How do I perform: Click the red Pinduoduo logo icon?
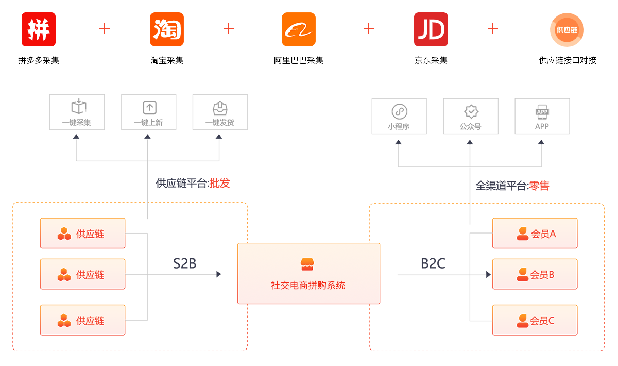(39, 29)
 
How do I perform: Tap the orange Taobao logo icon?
(167, 29)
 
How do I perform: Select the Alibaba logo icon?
(299, 29)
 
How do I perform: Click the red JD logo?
(431, 29)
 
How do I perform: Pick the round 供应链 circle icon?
(567, 29)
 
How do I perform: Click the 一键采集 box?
(77, 112)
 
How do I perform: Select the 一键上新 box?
(148, 112)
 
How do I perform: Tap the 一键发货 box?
(219, 112)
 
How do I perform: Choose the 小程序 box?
(399, 115)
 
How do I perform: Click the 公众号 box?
(471, 115)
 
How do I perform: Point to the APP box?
(542, 115)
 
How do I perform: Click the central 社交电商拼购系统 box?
(308, 273)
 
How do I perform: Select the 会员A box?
(535, 234)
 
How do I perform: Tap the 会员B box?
(535, 274)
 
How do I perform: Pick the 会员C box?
(535, 320)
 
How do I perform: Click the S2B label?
(184, 263)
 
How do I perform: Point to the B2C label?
(433, 263)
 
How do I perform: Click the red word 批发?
(219, 183)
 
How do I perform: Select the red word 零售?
(539, 186)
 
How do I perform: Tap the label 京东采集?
(431, 60)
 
